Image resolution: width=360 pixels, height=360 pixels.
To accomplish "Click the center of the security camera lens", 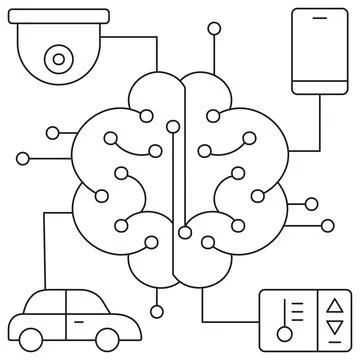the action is (x=59, y=59).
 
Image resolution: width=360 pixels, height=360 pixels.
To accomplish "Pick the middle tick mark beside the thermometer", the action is (x=298, y=315).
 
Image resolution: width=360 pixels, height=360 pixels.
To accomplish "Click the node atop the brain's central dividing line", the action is (x=173, y=126).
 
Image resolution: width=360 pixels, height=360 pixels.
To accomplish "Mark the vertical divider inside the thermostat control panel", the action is (x=319, y=321).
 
